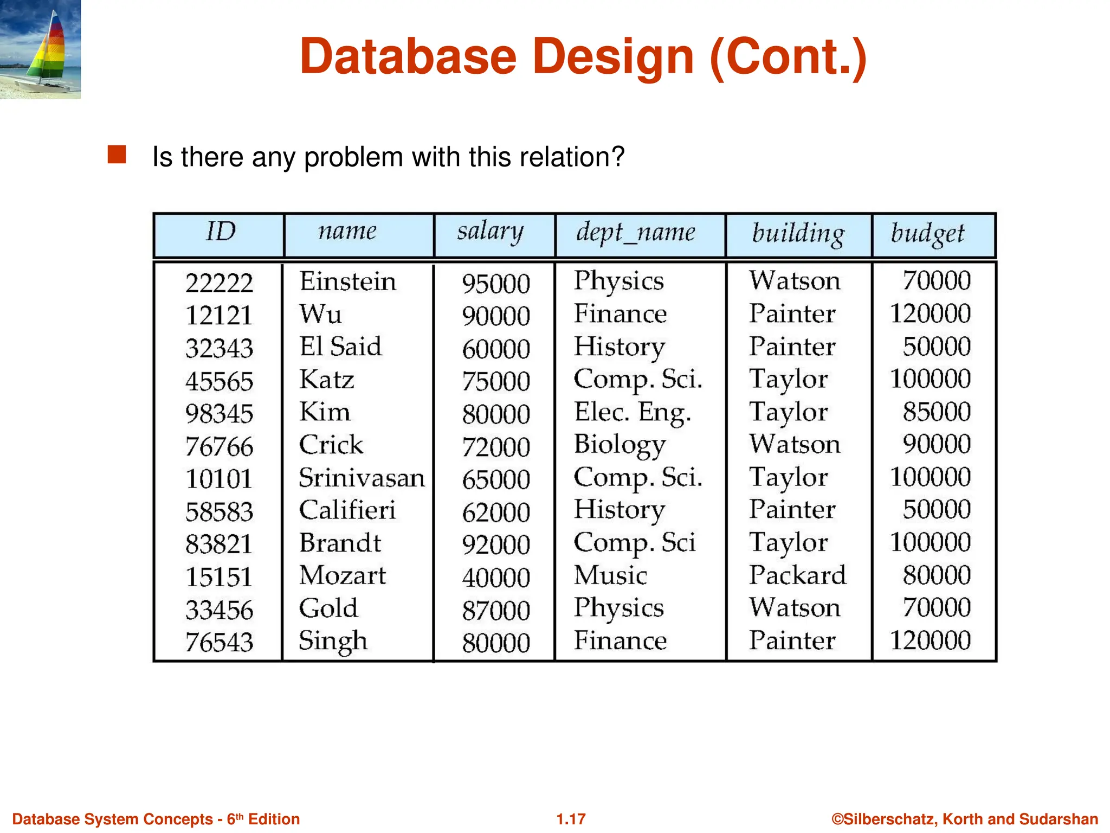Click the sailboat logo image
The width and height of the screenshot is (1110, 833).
tap(40, 49)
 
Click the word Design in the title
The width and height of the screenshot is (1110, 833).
tap(613, 57)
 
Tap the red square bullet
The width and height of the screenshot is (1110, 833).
tap(117, 155)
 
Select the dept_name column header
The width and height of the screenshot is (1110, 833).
tap(635, 233)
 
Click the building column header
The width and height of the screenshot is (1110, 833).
tap(798, 234)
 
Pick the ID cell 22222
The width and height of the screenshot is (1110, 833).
tap(219, 283)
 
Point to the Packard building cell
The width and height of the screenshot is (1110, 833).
tap(797, 575)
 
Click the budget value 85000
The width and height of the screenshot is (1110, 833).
tap(936, 412)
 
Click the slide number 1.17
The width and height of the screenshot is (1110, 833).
tap(571, 819)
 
